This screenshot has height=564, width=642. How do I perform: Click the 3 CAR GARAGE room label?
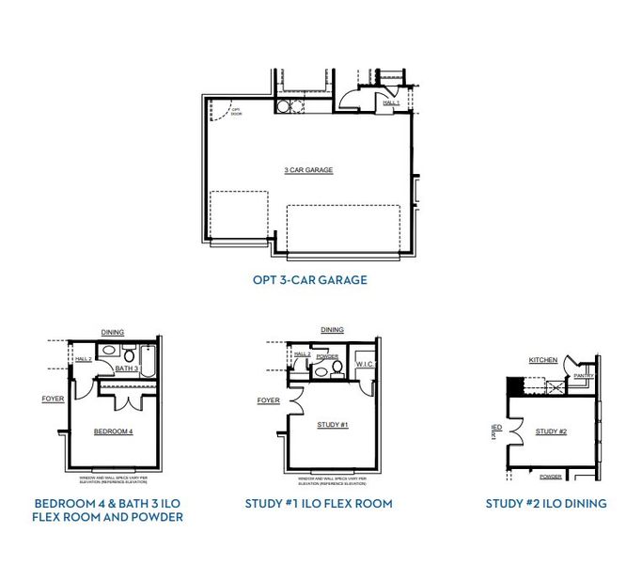point(309,170)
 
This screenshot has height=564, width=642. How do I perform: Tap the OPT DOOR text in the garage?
point(237,113)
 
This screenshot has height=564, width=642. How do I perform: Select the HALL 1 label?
point(392,102)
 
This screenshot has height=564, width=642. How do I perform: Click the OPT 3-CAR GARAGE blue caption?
point(309,279)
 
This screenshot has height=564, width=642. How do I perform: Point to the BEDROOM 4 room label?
point(114,431)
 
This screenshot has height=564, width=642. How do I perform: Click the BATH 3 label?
point(127,369)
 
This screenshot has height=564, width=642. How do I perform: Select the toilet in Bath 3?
point(108,353)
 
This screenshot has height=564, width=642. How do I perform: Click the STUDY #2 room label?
point(552,431)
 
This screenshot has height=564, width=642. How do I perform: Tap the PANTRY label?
point(584,375)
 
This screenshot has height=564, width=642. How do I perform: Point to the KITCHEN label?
point(543,360)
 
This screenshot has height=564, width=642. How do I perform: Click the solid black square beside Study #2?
point(513,385)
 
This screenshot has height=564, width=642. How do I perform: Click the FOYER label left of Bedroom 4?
point(54,399)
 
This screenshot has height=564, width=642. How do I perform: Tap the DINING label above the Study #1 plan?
point(332,330)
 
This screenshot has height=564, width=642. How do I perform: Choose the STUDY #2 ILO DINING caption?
point(545,504)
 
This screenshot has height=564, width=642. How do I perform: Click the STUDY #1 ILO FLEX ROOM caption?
point(319,504)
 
